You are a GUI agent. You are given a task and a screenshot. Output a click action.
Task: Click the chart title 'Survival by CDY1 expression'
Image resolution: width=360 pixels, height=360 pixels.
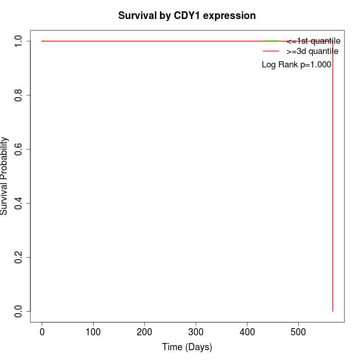[187, 15]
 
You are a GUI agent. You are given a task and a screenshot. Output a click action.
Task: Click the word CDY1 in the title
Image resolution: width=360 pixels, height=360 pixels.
[189, 15]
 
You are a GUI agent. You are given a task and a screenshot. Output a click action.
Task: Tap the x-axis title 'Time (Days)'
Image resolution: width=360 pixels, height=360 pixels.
[187, 347]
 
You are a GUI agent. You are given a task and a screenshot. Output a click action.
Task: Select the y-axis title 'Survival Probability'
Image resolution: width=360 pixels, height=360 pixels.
[5, 176]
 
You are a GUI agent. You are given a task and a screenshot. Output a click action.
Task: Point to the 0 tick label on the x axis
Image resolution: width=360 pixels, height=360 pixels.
[42, 332]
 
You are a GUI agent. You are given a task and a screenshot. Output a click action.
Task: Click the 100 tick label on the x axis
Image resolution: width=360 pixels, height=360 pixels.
[93, 332]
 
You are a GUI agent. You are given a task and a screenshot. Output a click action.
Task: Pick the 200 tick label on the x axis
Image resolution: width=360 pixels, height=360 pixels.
[145, 332]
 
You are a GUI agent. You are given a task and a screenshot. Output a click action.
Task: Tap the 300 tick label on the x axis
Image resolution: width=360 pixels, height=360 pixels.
[196, 332]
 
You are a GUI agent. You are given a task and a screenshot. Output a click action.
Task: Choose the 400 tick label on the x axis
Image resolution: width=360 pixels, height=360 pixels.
[247, 332]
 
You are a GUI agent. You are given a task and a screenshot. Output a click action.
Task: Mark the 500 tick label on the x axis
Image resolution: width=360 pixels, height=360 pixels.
[298, 332]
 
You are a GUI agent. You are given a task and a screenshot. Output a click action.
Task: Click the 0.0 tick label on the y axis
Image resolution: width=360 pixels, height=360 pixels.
[19, 311]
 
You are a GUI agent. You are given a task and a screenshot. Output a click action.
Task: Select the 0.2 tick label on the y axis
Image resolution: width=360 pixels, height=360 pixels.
[19, 257]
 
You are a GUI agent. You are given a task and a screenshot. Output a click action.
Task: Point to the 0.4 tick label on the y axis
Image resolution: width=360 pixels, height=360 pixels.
[19, 203]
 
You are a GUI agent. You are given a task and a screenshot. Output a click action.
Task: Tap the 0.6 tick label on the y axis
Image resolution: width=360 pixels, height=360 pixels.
[19, 149]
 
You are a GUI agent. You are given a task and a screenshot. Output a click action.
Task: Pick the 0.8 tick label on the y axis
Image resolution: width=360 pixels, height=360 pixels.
[19, 95]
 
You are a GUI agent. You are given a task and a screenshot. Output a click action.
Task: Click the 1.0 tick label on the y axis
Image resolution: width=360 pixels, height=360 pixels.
[19, 41]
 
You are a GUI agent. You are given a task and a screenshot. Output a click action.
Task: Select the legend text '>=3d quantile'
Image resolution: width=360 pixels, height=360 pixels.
[312, 51]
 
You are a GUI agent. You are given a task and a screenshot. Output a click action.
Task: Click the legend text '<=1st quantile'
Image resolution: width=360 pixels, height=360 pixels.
[313, 41]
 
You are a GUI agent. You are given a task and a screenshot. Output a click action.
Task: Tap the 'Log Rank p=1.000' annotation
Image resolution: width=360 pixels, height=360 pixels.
[296, 65]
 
